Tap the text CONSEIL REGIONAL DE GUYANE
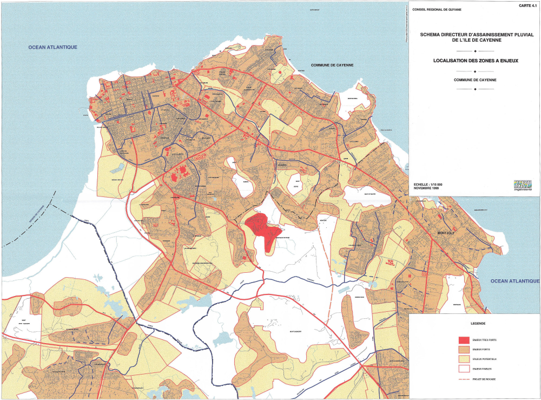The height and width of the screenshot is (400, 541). pyautogui.click(x=432, y=10)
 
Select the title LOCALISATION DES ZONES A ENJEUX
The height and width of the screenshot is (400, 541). pyautogui.click(x=476, y=61)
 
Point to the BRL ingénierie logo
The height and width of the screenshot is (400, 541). pyautogui.click(x=523, y=185)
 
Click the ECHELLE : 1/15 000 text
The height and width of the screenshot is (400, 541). pyautogui.click(x=427, y=184)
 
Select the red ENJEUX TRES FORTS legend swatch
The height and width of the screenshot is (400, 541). pyautogui.click(x=463, y=340)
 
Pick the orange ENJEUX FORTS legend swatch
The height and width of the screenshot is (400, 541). pyautogui.click(x=463, y=350)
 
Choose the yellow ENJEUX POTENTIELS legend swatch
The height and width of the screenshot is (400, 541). pyautogui.click(x=463, y=359)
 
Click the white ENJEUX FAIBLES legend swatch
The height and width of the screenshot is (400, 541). pyautogui.click(x=463, y=369)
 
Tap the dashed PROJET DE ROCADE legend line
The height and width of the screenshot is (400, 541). pyautogui.click(x=463, y=379)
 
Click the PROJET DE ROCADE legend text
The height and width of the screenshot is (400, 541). pyautogui.click(x=484, y=379)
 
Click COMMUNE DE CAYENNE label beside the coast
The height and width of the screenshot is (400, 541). pyautogui.click(x=332, y=65)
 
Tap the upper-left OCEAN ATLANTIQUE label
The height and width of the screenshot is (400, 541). pyautogui.click(x=53, y=48)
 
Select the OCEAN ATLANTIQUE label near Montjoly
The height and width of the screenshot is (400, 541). pyautogui.click(x=514, y=281)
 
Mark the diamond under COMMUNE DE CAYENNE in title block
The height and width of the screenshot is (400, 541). pyautogui.click(x=474, y=89)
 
